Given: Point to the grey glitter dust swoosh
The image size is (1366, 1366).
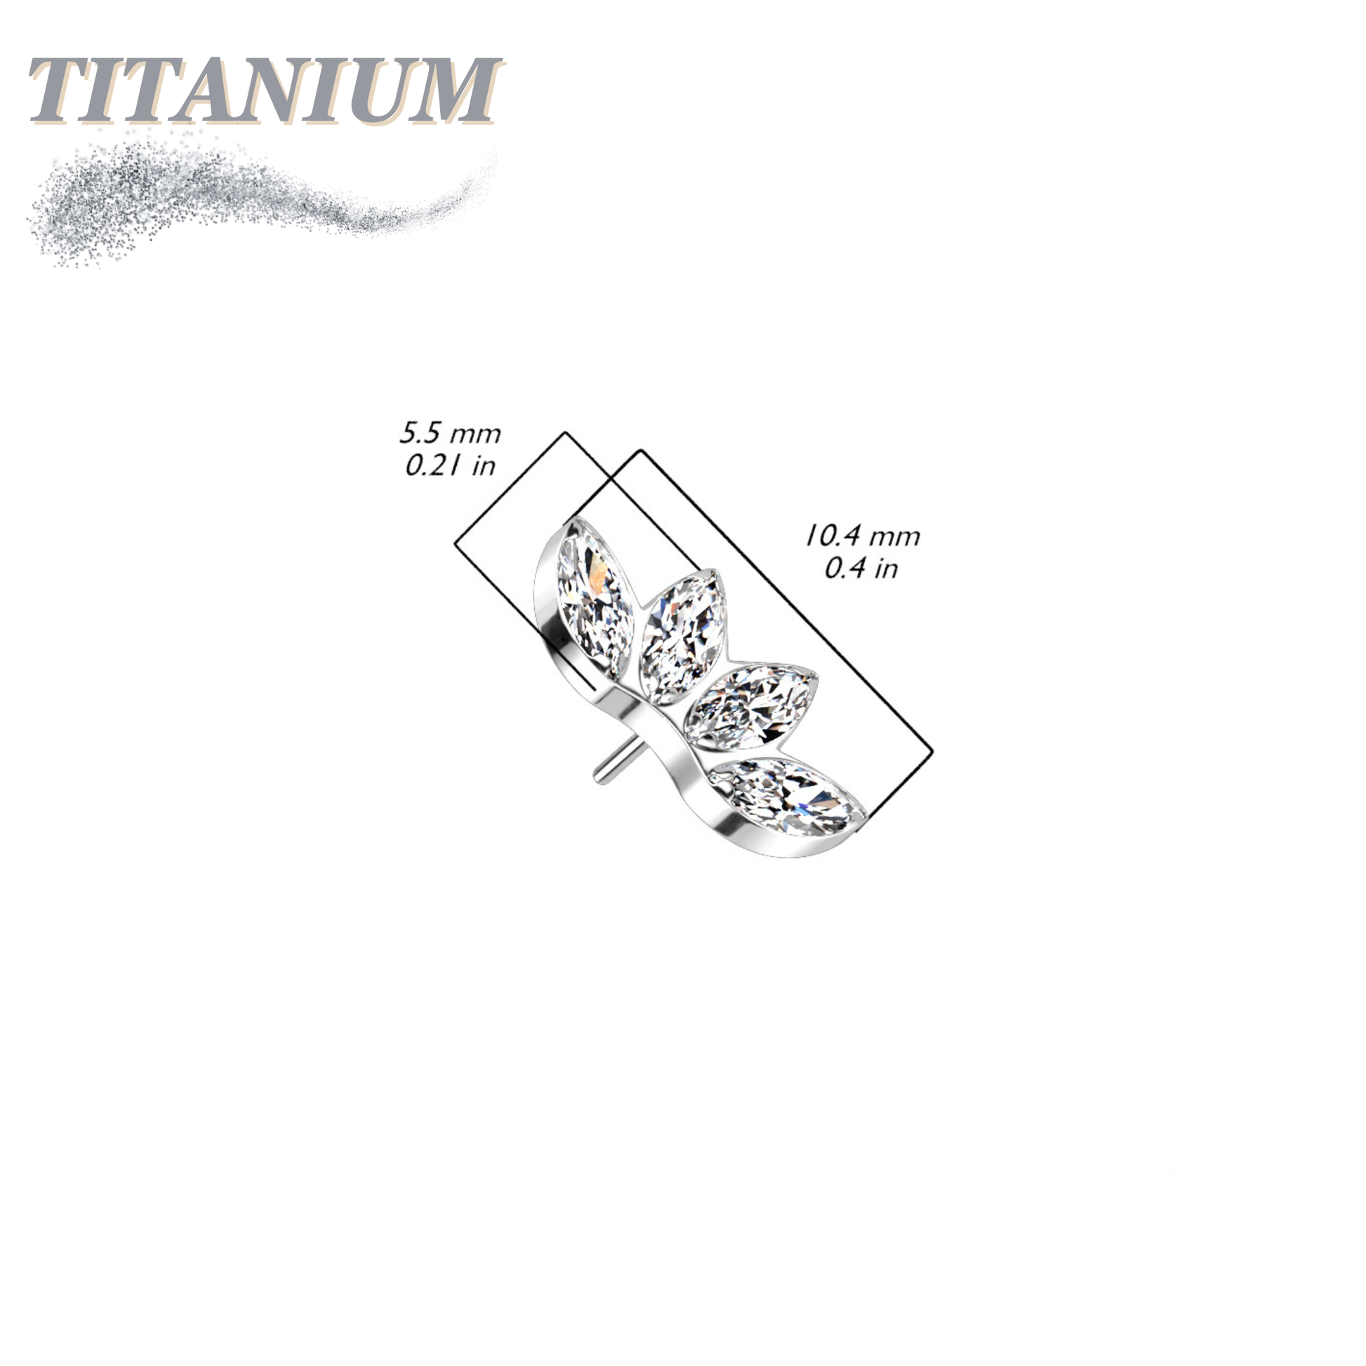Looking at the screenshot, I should tap(212, 198).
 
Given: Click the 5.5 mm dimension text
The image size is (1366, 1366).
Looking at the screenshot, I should tap(451, 432).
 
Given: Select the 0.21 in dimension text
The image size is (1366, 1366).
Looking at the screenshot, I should tap(451, 465).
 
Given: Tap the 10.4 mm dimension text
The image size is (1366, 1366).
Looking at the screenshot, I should tap(862, 536).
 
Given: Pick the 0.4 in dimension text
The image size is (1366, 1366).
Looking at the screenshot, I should tap(861, 568).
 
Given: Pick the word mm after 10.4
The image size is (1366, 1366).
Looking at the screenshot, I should tap(894, 538).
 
